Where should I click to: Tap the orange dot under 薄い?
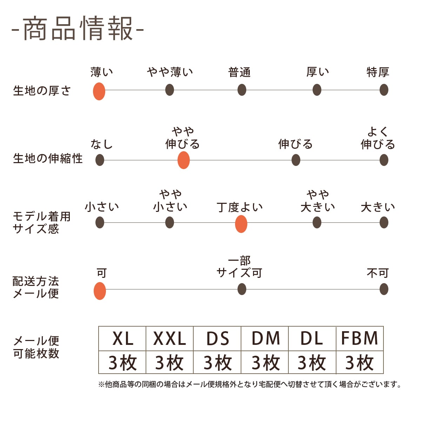coord(99,91)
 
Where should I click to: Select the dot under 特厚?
coord(384,90)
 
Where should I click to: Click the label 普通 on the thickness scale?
coord(240,72)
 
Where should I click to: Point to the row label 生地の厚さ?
coord(42,91)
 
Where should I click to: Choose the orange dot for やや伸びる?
coord(183,160)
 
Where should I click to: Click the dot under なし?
coord(100,160)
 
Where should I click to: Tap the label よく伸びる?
coord(378,138)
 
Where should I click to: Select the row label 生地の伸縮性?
coord(48,159)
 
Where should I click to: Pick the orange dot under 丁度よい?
coord(241,224)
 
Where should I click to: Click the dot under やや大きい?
coord(317,222)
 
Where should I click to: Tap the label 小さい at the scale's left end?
coord(102,207)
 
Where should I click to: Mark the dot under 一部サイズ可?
coord(242,289)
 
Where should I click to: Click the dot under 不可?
coord(384,289)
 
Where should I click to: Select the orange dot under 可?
coord(100,291)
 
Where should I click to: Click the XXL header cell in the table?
coord(169,339)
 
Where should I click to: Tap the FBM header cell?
coord(360,339)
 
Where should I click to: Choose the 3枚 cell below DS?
coord(217,362)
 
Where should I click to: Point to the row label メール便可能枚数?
coord(36,347)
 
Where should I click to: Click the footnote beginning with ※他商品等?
coord(250,385)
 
